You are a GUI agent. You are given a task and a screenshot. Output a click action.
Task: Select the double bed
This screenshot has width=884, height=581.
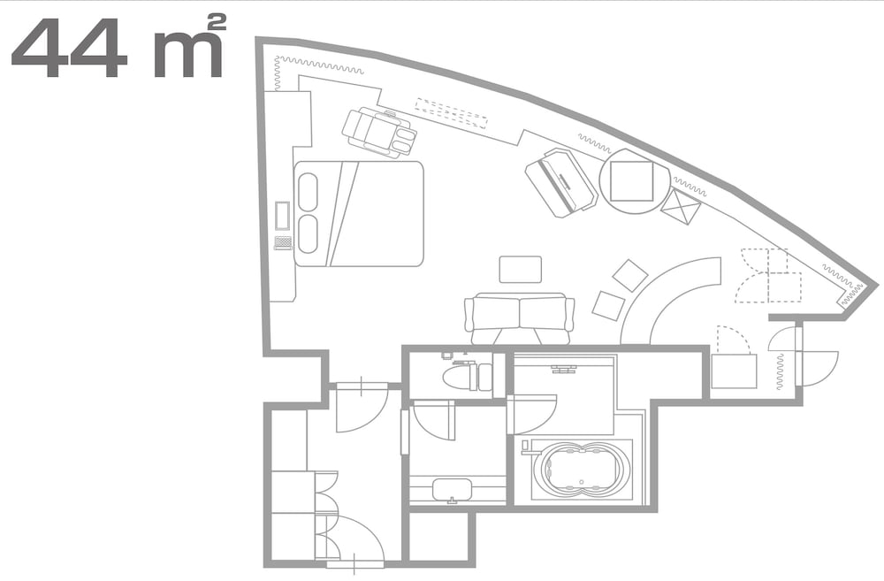point(359,213)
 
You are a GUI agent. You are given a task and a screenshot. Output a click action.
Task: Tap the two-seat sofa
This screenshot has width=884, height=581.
point(519,317)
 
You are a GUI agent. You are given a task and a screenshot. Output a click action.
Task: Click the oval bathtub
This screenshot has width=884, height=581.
point(584,470)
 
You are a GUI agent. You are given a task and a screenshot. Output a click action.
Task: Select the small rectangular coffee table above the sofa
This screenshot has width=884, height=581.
point(520,270)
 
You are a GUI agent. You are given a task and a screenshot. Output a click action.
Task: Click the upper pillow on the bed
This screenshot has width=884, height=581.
point(308,192)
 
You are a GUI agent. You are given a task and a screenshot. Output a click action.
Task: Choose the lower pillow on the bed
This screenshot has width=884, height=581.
point(308,234)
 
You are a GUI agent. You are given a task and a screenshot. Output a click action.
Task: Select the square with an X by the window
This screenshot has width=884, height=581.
point(681,209)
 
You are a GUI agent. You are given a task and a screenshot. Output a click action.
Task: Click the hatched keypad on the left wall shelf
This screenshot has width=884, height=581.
point(283,242)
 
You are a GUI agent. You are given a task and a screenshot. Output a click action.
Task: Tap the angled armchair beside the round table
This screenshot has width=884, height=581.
point(560,182)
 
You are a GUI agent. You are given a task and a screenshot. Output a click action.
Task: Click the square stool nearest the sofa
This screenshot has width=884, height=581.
point(608,305)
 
